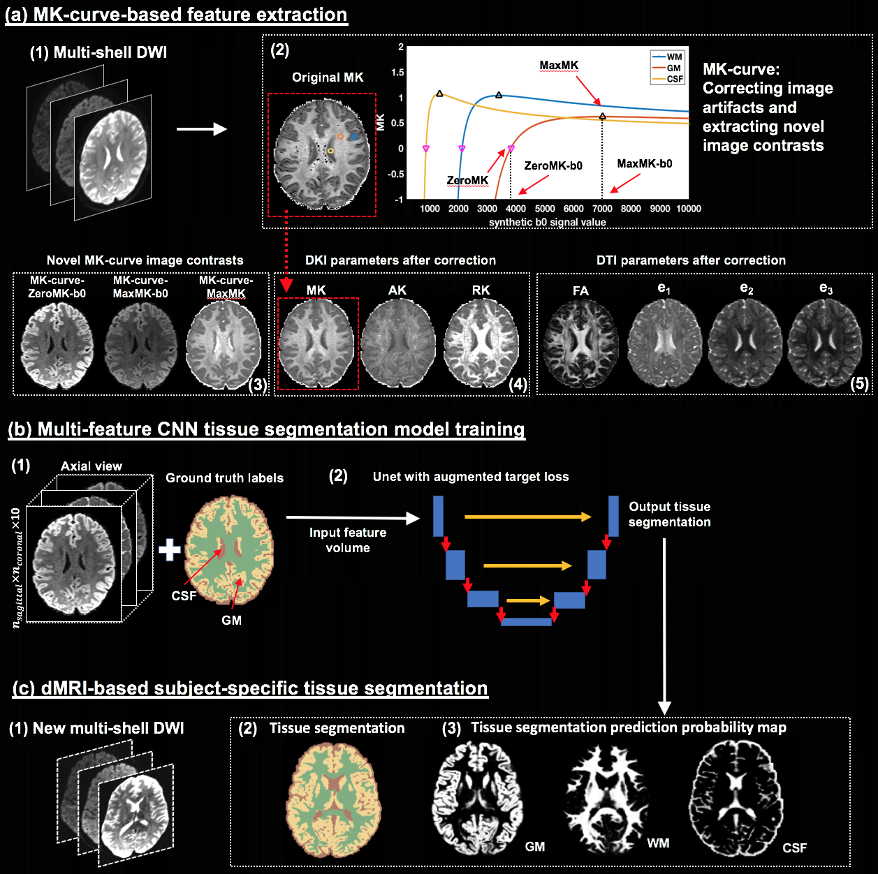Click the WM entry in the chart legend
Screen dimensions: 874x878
[673, 57]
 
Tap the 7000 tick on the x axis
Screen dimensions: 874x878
[602, 209]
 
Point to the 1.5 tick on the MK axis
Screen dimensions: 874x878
[397, 73]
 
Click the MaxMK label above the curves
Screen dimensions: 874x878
[559, 66]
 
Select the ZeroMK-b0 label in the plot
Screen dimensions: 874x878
[553, 166]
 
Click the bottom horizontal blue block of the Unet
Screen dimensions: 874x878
[527, 621]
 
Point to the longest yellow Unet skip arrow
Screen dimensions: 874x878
[527, 517]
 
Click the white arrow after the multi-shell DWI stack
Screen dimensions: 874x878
[201, 129]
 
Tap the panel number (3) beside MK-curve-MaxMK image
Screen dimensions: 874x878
[258, 385]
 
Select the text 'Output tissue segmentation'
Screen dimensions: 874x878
[669, 514]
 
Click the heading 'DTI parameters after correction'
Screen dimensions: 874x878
[691, 260]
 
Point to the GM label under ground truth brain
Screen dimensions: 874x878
[231, 621]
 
